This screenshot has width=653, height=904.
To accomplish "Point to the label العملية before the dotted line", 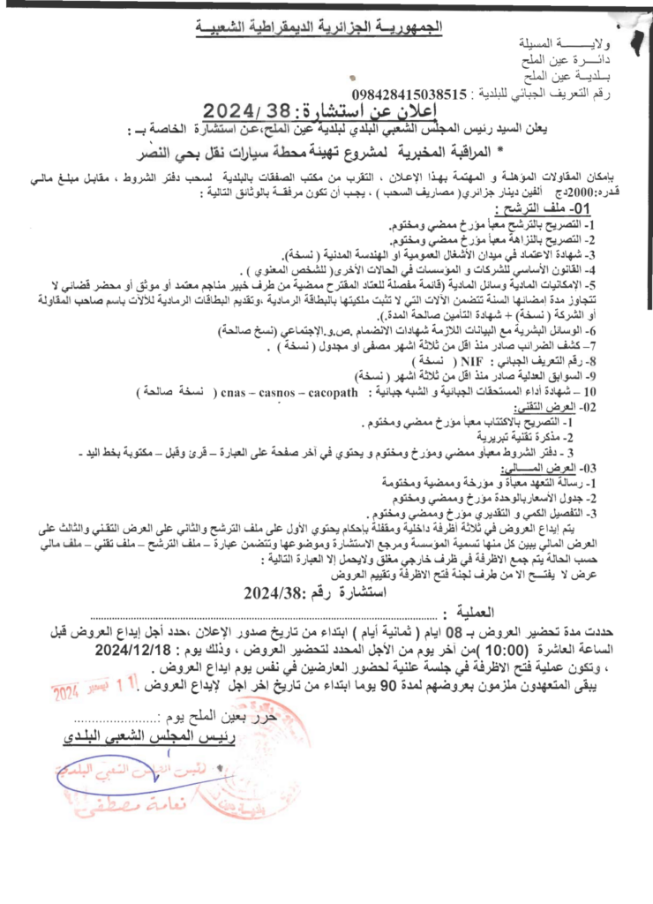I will pos(477,612).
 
